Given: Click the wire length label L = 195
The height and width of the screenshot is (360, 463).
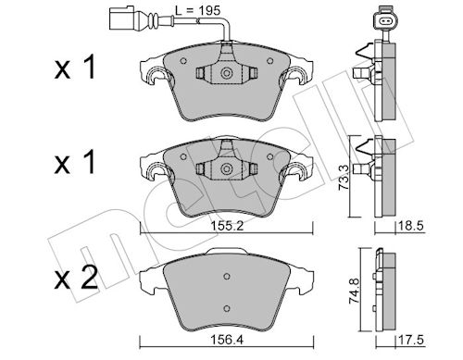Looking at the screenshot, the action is click(x=198, y=11).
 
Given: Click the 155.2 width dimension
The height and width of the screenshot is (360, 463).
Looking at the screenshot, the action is click(x=227, y=226).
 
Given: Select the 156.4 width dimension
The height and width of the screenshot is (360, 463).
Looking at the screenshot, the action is click(x=227, y=340).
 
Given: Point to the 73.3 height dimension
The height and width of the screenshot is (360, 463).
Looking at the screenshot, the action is click(x=344, y=177).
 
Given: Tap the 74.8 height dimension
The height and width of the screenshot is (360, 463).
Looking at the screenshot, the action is click(x=354, y=291).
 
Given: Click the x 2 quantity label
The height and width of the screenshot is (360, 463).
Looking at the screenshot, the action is click(x=76, y=277).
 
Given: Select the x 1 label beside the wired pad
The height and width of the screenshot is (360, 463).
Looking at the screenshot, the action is click(x=75, y=67).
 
